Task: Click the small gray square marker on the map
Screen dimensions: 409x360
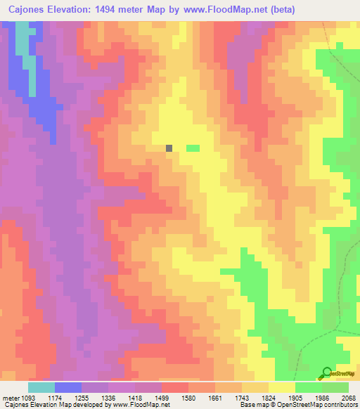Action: [x=169, y=148]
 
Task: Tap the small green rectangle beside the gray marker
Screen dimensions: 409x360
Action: [x=192, y=148]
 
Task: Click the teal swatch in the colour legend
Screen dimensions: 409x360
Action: [x=41, y=387]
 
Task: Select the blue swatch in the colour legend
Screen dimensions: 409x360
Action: [x=68, y=387]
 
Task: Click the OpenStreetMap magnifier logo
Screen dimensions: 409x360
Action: [x=326, y=372]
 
